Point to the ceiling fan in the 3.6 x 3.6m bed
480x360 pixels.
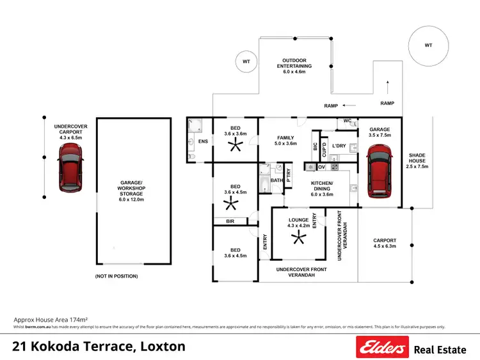click(236, 145)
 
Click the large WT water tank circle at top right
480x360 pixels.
click(429, 46)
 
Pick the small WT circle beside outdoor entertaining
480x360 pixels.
click(246, 61)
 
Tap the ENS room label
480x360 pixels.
click(203, 141)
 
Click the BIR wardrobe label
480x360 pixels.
click(229, 221)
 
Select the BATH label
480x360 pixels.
click(276, 180)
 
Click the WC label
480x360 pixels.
click(348, 120)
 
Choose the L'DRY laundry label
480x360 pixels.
click(340, 146)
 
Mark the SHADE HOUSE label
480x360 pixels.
click(417, 160)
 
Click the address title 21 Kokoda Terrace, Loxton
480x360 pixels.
click(99, 347)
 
